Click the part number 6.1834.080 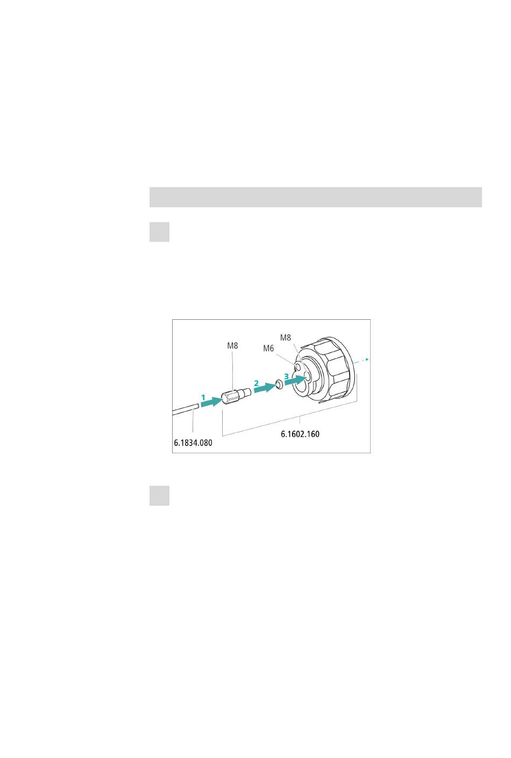(193, 443)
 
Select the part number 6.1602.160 (300, 434)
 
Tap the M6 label (268, 348)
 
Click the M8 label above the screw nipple (232, 346)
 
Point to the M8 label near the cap (286, 338)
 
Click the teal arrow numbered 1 (212, 402)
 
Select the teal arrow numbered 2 (265, 388)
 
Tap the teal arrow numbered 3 (296, 380)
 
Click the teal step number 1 (203, 397)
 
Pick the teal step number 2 (257, 383)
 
